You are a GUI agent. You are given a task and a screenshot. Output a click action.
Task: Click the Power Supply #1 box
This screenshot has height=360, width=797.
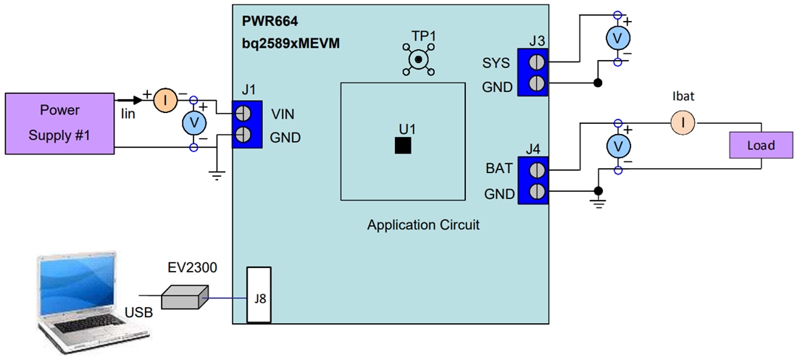[59, 123]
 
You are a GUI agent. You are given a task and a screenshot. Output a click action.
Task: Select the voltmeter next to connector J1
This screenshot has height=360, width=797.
[193, 124]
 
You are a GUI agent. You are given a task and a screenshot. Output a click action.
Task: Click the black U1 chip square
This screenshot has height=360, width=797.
[403, 145]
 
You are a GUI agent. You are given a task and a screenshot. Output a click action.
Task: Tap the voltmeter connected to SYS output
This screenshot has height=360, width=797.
[617, 38]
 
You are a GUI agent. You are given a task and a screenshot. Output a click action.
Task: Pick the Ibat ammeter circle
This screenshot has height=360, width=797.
[683, 122]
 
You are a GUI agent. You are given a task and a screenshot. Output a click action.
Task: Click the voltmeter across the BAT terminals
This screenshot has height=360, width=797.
[617, 147]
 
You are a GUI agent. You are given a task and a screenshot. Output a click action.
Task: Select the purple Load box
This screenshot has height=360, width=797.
[761, 145]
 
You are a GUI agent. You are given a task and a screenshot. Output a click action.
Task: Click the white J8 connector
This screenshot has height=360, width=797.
[259, 295]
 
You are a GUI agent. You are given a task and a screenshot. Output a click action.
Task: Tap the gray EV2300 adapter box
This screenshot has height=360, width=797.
[184, 296]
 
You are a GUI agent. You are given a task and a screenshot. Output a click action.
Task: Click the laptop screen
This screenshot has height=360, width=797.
[78, 284]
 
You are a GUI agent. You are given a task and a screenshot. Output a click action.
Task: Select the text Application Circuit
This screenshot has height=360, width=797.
[423, 225]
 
